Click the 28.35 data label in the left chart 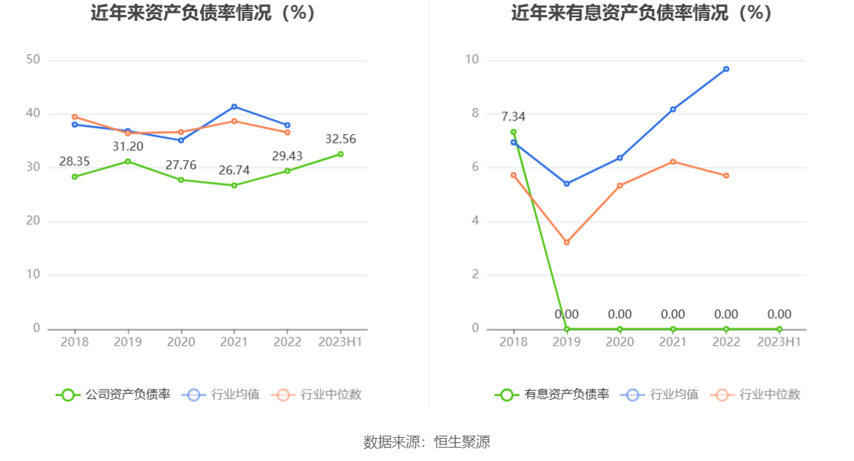[x=74, y=162]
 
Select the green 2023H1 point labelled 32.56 [x=341, y=154]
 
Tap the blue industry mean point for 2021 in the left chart [x=234, y=106]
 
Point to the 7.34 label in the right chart [x=513, y=117]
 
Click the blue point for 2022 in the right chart [x=726, y=69]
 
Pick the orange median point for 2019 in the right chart [x=567, y=242]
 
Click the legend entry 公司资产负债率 [x=114, y=395]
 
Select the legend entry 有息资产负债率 [x=553, y=395]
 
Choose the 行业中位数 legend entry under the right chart [x=756, y=395]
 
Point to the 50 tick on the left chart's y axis [x=33, y=60]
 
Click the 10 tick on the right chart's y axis [x=472, y=60]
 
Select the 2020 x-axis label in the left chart [x=181, y=342]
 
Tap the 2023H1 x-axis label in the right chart [x=779, y=342]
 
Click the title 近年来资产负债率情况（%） [x=203, y=13]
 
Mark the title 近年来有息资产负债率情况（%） [x=641, y=13]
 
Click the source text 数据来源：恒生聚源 [x=427, y=442]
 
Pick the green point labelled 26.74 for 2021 [x=234, y=185]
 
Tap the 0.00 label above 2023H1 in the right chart [x=779, y=314]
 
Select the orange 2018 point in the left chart [x=74, y=117]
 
